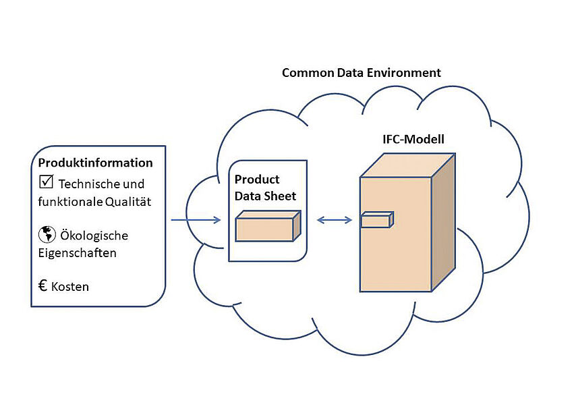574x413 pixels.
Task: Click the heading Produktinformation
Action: point(95,163)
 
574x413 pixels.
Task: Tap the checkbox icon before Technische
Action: point(46,182)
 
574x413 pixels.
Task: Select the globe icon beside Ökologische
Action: point(47,235)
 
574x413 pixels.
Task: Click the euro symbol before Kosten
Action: point(42,285)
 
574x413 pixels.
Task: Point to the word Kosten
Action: point(70,287)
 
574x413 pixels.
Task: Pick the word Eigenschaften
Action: point(77,254)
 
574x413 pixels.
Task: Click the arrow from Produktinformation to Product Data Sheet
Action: point(196,220)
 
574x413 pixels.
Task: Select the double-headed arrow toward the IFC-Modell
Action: point(335,219)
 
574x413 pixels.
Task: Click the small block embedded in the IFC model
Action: point(377,221)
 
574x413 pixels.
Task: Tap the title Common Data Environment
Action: point(362,72)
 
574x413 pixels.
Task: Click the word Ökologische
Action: point(94,236)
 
